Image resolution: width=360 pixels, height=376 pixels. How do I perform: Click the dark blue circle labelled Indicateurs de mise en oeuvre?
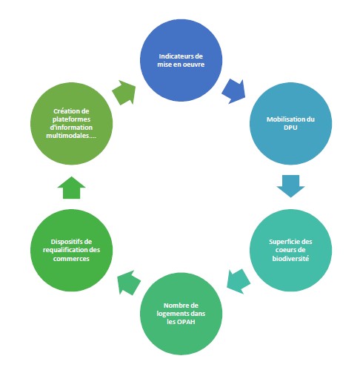(181, 60)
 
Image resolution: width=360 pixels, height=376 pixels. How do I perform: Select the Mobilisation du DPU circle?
(290, 123)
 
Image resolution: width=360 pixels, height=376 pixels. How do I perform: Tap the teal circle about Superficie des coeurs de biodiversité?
(290, 250)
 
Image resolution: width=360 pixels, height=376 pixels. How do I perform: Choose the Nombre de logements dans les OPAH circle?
(181, 314)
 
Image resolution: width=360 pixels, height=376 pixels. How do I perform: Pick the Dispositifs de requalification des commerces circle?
(71, 250)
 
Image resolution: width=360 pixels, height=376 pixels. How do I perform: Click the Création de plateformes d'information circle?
(71, 123)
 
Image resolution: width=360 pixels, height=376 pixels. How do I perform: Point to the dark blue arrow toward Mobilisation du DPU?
(234, 91)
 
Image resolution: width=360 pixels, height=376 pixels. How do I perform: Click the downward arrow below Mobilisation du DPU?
(290, 186)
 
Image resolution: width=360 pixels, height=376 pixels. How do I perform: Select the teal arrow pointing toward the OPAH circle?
(238, 281)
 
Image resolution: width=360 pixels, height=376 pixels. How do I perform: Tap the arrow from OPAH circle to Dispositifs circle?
(128, 283)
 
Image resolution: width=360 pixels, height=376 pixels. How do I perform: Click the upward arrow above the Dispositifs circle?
(71, 188)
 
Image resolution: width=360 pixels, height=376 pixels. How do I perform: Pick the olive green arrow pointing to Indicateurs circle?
(124, 92)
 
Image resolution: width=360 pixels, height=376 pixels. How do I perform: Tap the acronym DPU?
(290, 128)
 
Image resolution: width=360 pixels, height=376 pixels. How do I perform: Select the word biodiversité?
(290, 259)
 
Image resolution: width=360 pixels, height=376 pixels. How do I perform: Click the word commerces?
(71, 259)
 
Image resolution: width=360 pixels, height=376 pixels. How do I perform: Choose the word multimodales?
(67, 136)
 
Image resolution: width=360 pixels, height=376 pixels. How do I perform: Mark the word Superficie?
(284, 242)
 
